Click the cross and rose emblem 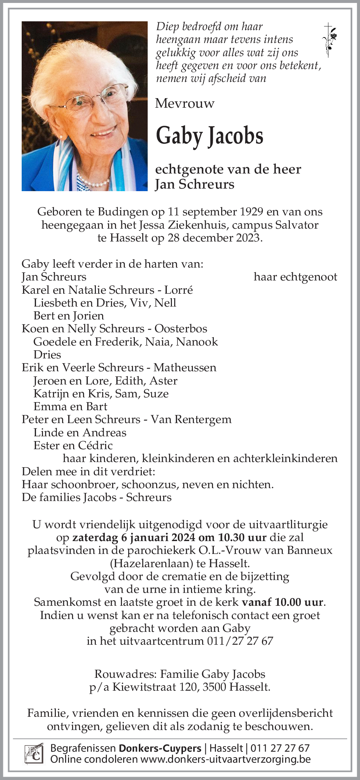tap(329, 40)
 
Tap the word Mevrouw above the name tap(185, 103)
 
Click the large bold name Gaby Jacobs tap(209, 136)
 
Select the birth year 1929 tap(251, 212)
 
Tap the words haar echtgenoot tap(295, 277)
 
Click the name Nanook tap(197, 341)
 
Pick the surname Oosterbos tap(181, 329)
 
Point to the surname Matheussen tap(185, 368)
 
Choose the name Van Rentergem tap(191, 419)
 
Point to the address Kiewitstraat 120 tap(155, 687)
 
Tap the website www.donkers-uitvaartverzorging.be tap(226, 759)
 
